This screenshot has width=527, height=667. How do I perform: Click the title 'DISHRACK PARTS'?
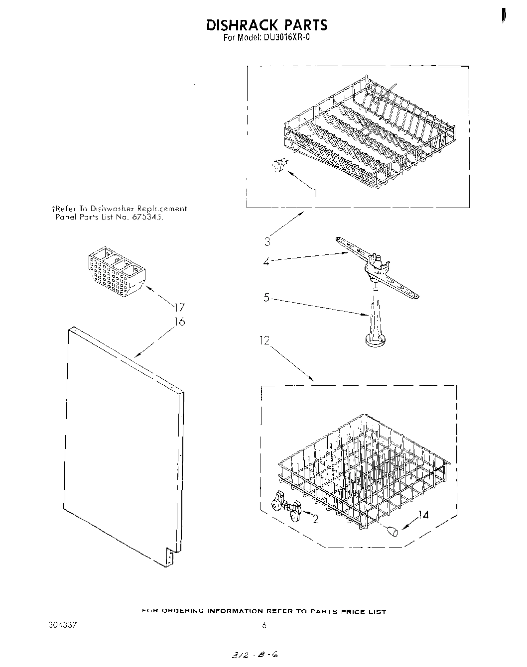pyautogui.click(x=266, y=24)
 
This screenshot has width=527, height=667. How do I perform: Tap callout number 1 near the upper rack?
pyautogui.click(x=314, y=193)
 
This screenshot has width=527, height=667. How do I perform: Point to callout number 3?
pyautogui.click(x=267, y=242)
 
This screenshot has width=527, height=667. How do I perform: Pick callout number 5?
pyautogui.click(x=266, y=298)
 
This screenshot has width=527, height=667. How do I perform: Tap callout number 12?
pyautogui.click(x=264, y=340)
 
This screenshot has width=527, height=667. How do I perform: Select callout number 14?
pyautogui.click(x=423, y=515)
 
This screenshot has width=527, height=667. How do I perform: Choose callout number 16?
pyautogui.click(x=179, y=322)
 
